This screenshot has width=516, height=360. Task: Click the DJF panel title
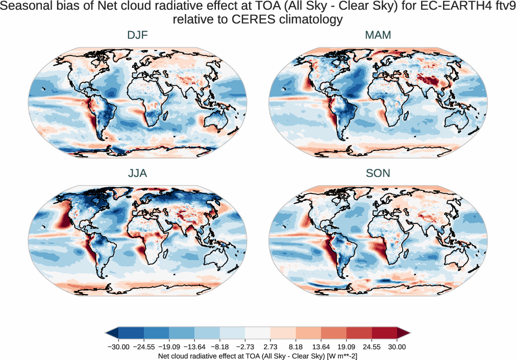137,35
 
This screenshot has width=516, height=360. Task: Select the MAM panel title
378,35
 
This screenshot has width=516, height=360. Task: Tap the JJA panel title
137,173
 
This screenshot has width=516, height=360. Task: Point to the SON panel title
378,173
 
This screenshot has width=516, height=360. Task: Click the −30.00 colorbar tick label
118,347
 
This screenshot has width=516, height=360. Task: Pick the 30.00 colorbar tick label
397,347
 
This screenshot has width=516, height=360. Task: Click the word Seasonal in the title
31,7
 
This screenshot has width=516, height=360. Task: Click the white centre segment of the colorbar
258,333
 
